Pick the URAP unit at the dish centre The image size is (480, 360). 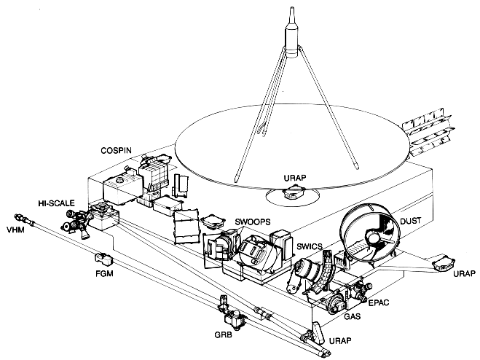294,192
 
